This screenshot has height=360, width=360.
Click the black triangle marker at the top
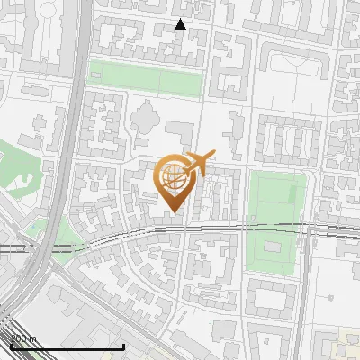point(180,24)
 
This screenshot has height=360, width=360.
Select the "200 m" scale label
point(23,338)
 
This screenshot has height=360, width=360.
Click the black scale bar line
point(67,346)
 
